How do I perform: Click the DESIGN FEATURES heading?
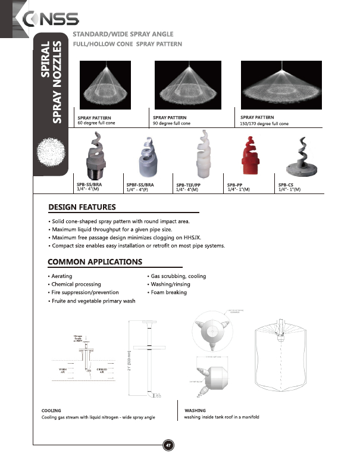coord(82,208)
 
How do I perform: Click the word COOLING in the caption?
coord(51,411)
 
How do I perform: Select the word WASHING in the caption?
coord(195,411)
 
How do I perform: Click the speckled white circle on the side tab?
coord(49,150)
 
